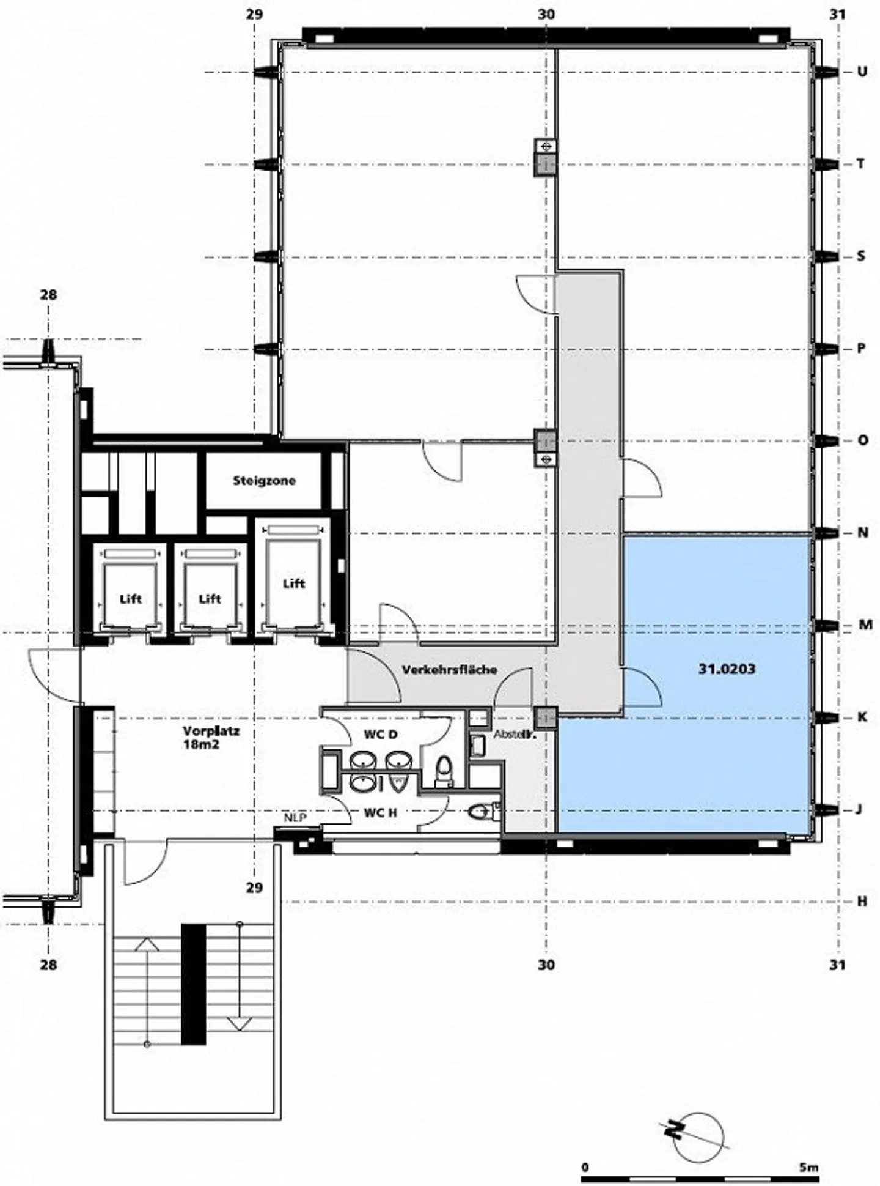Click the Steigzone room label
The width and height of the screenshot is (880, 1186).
pyautogui.click(x=264, y=481)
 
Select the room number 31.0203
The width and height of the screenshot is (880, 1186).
pyautogui.click(x=727, y=669)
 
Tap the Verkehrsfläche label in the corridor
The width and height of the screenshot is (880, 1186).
pyautogui.click(x=449, y=670)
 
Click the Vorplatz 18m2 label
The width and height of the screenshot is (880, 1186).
pyautogui.click(x=202, y=737)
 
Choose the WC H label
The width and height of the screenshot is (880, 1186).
pyautogui.click(x=381, y=813)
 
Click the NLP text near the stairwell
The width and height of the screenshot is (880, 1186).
pyautogui.click(x=295, y=818)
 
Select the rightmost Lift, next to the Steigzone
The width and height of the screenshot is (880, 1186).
pyautogui.click(x=294, y=584)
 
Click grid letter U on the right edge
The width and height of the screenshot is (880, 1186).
pyautogui.click(x=862, y=72)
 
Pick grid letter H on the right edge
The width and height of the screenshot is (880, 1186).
pyautogui.click(x=862, y=902)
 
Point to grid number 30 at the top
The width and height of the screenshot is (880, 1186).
pyautogui.click(x=546, y=13)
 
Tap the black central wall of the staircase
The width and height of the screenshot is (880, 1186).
pyautogui.click(x=194, y=984)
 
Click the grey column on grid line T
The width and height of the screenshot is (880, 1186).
pyautogui.click(x=545, y=165)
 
